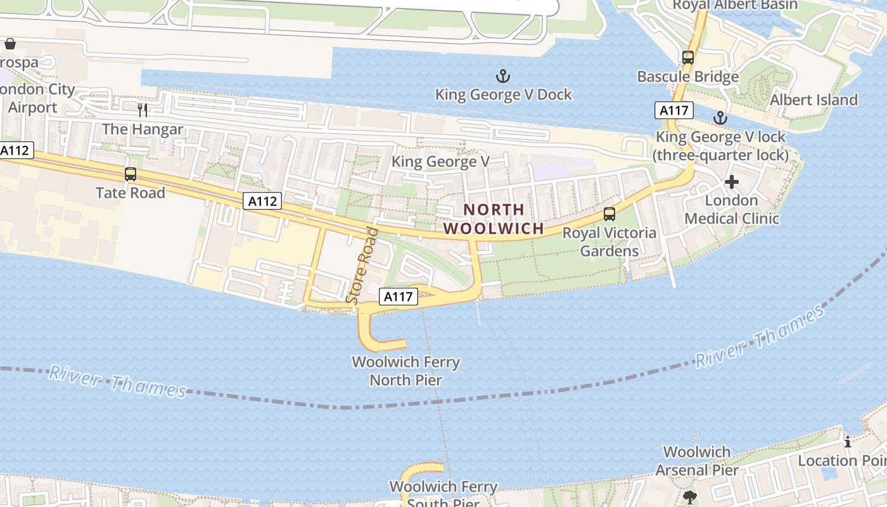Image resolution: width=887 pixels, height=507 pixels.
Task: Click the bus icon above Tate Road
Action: (x=131, y=174)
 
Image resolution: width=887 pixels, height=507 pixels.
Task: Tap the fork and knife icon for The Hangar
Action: (x=143, y=110)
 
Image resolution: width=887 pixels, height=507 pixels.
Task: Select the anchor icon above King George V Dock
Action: (x=502, y=77)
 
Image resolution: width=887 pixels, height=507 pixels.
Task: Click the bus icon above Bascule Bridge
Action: (x=688, y=58)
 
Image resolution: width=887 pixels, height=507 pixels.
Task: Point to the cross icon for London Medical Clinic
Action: (x=732, y=183)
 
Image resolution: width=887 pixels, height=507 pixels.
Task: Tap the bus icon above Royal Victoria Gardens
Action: (x=609, y=214)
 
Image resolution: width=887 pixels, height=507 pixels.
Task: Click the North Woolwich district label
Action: (x=494, y=219)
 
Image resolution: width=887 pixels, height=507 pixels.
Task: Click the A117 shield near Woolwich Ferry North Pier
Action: (x=399, y=296)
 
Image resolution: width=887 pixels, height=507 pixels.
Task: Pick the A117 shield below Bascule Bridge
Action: (x=674, y=110)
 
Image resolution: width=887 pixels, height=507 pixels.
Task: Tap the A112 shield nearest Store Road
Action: (x=262, y=201)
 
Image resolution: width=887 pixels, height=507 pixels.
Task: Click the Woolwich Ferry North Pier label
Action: (x=405, y=371)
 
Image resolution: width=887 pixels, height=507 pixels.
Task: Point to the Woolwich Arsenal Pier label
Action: (x=697, y=461)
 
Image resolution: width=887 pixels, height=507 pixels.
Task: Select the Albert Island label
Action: (x=814, y=99)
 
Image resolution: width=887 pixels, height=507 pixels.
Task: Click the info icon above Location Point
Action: (x=848, y=442)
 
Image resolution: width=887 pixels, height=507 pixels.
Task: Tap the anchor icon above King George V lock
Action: (x=720, y=118)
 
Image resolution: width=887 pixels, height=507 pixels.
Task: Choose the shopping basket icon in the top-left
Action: (x=10, y=44)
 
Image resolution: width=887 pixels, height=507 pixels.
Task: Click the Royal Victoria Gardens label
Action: (x=609, y=241)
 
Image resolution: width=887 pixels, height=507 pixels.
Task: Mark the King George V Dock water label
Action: (x=503, y=94)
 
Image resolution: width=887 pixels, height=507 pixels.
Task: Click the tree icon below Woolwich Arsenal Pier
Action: (x=689, y=496)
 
